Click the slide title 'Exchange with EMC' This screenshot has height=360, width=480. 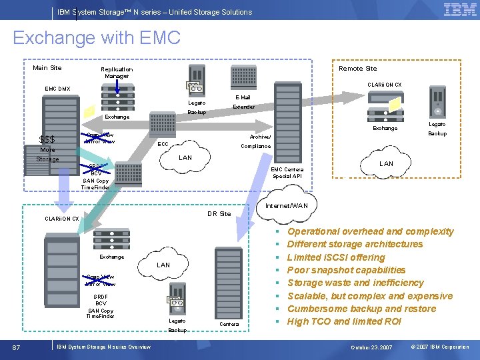point(97,38)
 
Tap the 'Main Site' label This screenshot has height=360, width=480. point(47,67)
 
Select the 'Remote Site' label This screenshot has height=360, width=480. point(357,68)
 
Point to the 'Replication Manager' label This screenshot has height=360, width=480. point(117,72)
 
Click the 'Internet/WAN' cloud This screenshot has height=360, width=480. point(287,206)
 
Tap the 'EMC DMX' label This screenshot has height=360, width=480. point(57,89)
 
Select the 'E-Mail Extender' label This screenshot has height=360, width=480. point(243,102)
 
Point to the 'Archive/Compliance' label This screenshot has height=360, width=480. point(255,141)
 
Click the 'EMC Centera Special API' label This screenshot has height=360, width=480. point(287,173)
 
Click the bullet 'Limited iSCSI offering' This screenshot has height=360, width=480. point(336,257)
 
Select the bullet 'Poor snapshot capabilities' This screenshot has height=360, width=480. point(346,270)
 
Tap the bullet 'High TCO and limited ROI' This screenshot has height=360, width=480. point(344,321)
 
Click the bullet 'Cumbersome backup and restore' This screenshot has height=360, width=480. point(361,309)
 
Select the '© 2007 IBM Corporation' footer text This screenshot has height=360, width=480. point(439,347)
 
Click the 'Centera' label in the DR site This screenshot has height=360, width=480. point(229,325)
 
